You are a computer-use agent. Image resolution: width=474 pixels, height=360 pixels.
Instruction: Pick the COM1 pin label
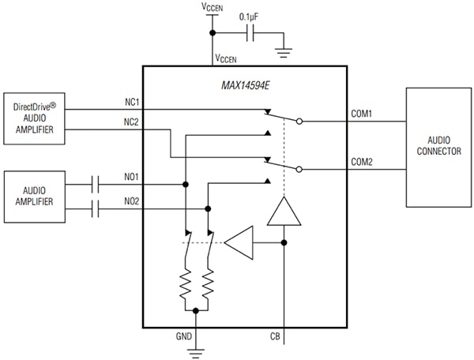(x=362, y=114)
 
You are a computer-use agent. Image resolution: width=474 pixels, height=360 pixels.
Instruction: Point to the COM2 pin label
(x=362, y=162)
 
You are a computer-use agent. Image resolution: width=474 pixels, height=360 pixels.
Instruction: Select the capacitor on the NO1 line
(x=96, y=185)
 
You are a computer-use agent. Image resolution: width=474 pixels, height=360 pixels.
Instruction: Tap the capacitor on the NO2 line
(x=96, y=209)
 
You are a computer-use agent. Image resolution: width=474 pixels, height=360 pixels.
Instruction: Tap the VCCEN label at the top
(x=212, y=7)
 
